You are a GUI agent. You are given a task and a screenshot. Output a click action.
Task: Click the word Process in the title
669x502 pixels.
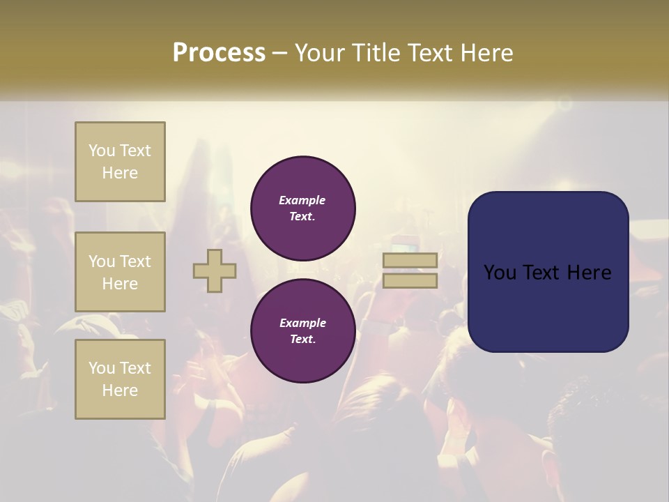point(219,53)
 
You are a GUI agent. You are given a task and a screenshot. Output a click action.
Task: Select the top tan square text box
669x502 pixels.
point(120,162)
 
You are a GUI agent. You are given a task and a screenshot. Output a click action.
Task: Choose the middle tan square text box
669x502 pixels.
point(120,272)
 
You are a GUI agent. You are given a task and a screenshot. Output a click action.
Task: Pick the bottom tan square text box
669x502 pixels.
point(120,379)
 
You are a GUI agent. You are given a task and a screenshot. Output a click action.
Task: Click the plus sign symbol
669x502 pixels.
point(215,271)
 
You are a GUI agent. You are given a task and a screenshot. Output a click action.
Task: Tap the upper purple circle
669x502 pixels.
point(303,208)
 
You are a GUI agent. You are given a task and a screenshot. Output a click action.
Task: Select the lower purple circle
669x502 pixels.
point(303,331)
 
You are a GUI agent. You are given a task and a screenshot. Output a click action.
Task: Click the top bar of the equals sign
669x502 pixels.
point(410,261)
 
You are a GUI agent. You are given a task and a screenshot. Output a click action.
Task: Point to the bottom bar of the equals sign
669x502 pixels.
point(410,280)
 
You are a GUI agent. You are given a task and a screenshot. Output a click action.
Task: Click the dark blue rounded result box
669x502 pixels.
point(548,307)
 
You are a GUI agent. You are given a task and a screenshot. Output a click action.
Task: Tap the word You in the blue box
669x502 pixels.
point(500,273)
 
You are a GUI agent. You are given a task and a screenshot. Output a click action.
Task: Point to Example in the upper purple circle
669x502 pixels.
point(302,200)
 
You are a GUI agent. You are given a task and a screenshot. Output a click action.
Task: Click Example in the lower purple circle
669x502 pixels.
point(302,323)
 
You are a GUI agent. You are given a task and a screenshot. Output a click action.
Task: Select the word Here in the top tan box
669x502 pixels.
point(120,173)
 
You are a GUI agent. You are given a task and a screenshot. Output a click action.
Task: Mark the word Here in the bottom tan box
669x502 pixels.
point(120,390)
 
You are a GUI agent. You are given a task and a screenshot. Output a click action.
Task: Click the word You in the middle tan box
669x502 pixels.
point(102,261)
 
